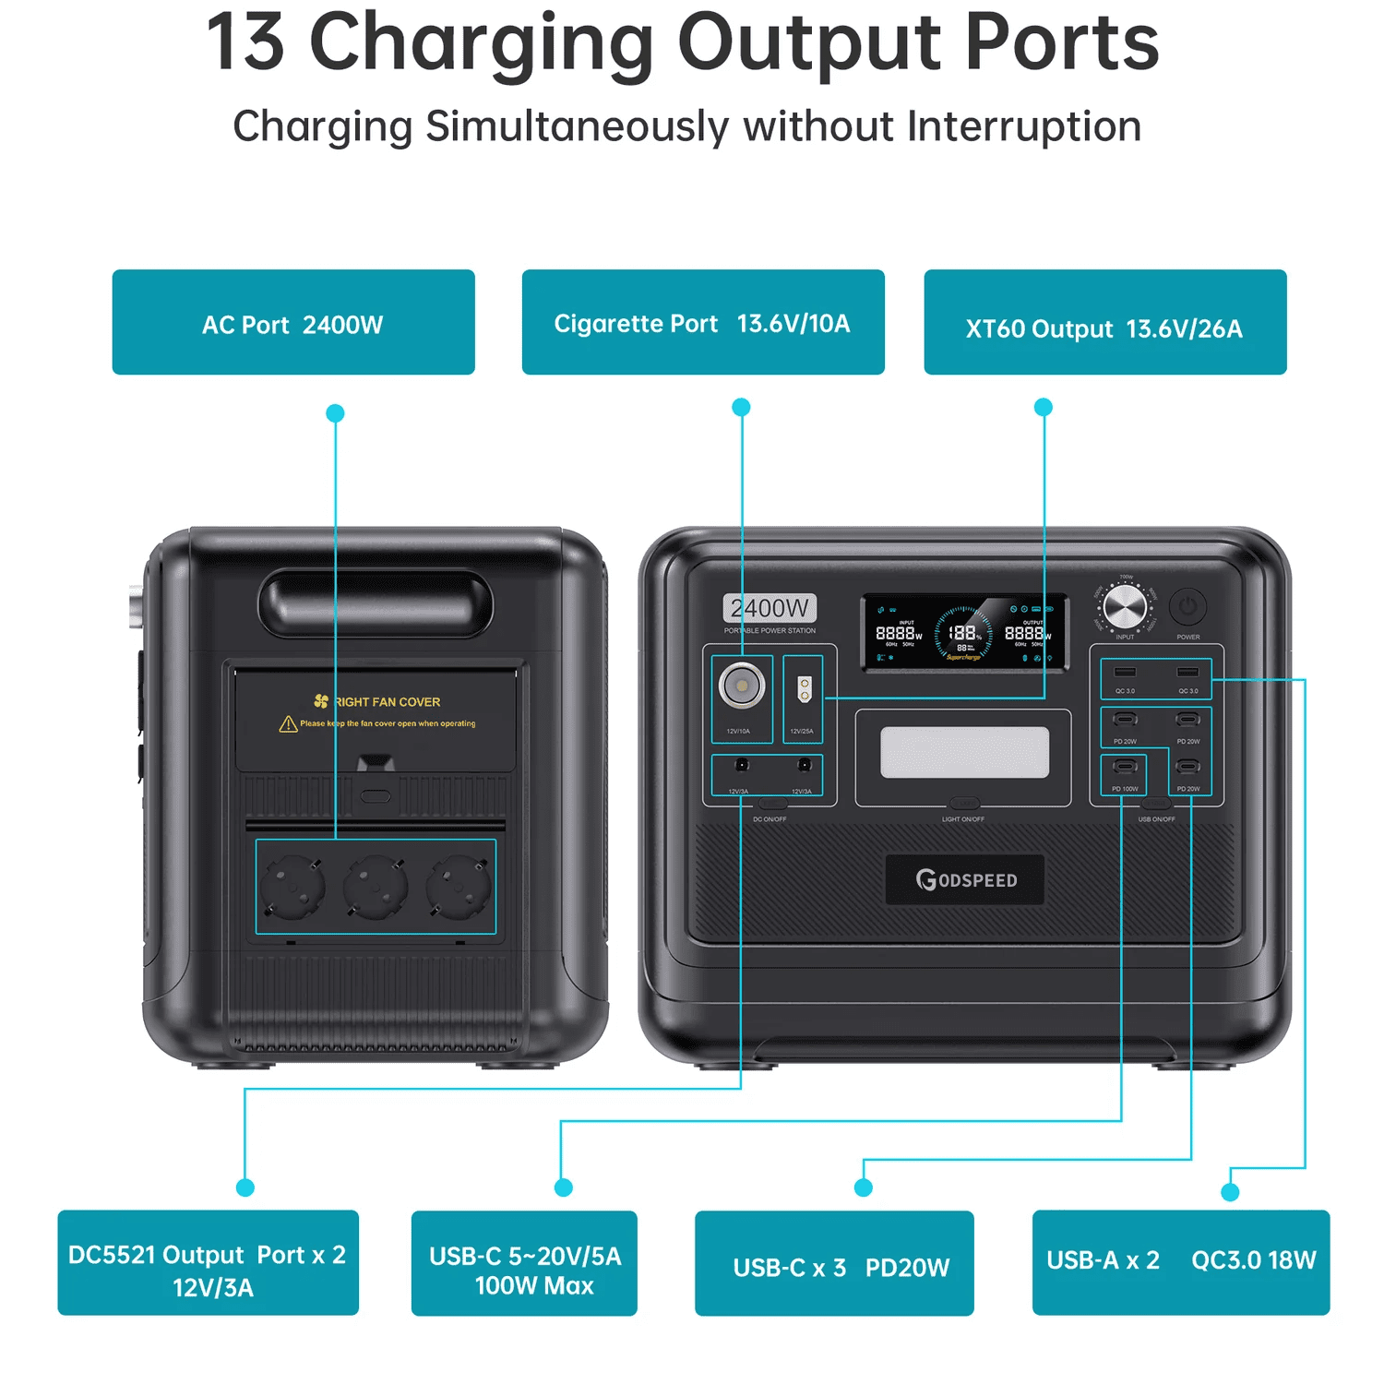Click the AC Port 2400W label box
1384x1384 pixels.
pyautogui.click(x=293, y=322)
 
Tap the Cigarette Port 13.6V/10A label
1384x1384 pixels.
pyautogui.click(x=703, y=322)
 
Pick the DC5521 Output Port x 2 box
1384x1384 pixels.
pyautogui.click(x=208, y=1262)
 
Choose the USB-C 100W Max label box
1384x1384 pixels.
pyautogui.click(x=524, y=1263)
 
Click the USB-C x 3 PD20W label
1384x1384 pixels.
pyautogui.click(x=834, y=1263)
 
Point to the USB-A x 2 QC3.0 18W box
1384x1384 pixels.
pyautogui.click(x=1181, y=1262)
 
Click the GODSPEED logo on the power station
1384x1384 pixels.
pyautogui.click(x=965, y=879)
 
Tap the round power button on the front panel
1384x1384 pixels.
pyautogui.click(x=1187, y=607)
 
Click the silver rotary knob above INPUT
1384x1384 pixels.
pyautogui.click(x=1125, y=608)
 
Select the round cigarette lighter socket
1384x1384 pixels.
pyautogui.click(x=742, y=686)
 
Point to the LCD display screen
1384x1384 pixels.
pyautogui.click(x=964, y=632)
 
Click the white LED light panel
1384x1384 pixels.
pyautogui.click(x=964, y=752)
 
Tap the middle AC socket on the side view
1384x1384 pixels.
pyautogui.click(x=376, y=887)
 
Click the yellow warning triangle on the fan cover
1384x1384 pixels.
pyautogui.click(x=288, y=724)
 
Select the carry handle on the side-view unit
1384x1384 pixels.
pyautogui.click(x=376, y=604)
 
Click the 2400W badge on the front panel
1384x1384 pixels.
pyautogui.click(x=770, y=608)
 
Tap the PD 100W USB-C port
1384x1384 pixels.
pyautogui.click(x=1125, y=767)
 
